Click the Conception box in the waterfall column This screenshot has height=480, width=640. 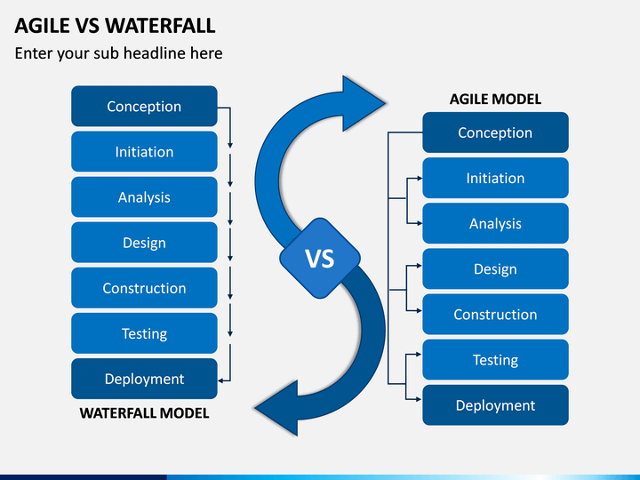(x=144, y=106)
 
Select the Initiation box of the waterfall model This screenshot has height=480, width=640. (x=144, y=151)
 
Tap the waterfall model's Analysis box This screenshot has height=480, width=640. (x=144, y=197)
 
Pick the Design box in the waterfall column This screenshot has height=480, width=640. (x=144, y=243)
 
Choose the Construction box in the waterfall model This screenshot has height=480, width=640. (x=144, y=288)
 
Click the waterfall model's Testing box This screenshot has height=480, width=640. (x=144, y=333)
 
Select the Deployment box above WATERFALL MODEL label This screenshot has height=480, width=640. (x=144, y=379)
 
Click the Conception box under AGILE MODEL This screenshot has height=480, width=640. (x=495, y=132)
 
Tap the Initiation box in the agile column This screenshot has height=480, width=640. (x=495, y=178)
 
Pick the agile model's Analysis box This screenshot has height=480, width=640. (x=495, y=223)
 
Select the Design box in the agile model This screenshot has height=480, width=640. (x=495, y=269)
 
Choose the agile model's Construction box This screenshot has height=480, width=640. (x=495, y=315)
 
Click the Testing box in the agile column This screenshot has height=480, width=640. (x=495, y=360)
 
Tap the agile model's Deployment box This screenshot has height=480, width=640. (x=495, y=405)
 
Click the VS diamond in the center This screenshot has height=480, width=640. (x=320, y=259)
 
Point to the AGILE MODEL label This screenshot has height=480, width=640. (x=495, y=100)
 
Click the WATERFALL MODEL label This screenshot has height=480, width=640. (x=144, y=413)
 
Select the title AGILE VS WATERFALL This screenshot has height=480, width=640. (x=115, y=26)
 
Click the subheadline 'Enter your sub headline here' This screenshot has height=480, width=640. (x=118, y=53)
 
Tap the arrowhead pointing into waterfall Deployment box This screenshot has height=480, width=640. (x=220, y=380)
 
